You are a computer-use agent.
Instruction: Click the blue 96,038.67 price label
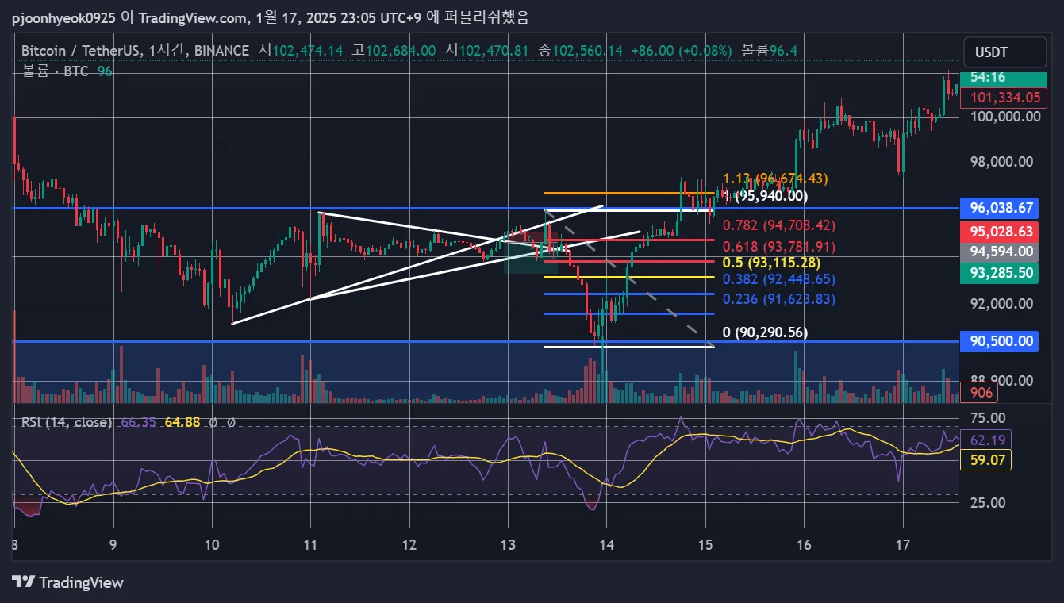1002,208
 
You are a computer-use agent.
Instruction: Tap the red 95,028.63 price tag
1002,232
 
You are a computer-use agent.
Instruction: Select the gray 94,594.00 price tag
1002,252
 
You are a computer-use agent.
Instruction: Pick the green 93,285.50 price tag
1002,273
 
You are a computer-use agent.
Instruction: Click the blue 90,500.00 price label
1002,341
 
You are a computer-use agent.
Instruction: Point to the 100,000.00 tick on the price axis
1004,117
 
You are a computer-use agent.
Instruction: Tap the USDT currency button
992,52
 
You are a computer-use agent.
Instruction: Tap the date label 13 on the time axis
508,545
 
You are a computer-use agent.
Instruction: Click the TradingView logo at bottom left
68,582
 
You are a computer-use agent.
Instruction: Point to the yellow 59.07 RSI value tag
985,459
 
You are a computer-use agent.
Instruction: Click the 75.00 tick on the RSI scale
988,418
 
